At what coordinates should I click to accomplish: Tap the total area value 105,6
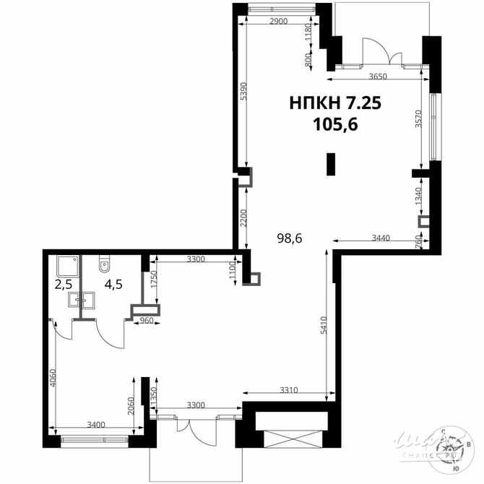tap(335, 125)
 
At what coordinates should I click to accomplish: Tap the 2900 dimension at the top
tap(278, 22)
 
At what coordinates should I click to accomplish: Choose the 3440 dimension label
tap(382, 238)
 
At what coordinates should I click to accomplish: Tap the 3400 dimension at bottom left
tap(96, 424)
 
